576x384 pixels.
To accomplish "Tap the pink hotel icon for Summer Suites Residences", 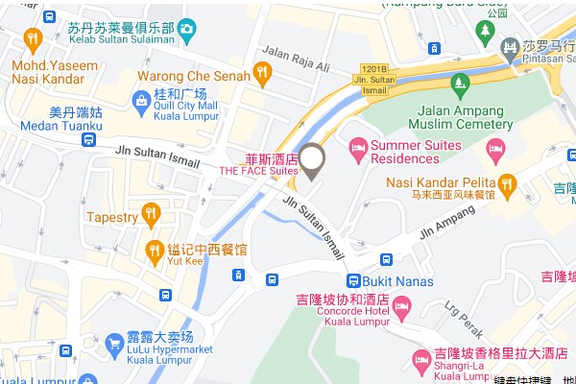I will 357,146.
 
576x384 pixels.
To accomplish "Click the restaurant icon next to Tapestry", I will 149,213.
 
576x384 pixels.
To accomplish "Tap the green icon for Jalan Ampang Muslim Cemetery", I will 460,82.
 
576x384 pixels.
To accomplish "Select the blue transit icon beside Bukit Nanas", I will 385,259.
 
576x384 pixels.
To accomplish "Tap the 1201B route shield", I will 376,68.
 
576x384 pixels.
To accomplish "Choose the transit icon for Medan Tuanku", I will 88,140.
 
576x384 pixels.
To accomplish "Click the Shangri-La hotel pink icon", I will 420,359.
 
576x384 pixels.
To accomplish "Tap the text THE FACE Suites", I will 257,171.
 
